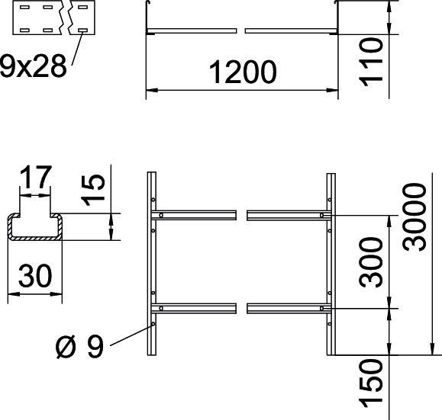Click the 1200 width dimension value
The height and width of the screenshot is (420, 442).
click(x=243, y=72)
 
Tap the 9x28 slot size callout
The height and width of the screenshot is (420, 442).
click(x=34, y=66)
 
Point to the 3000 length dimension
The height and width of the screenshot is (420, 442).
click(x=414, y=216)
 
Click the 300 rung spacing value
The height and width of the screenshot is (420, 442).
click(x=372, y=262)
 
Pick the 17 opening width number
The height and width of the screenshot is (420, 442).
click(x=36, y=177)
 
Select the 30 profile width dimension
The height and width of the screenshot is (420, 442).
click(x=35, y=276)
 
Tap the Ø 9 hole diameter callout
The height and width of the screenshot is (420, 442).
click(x=80, y=348)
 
